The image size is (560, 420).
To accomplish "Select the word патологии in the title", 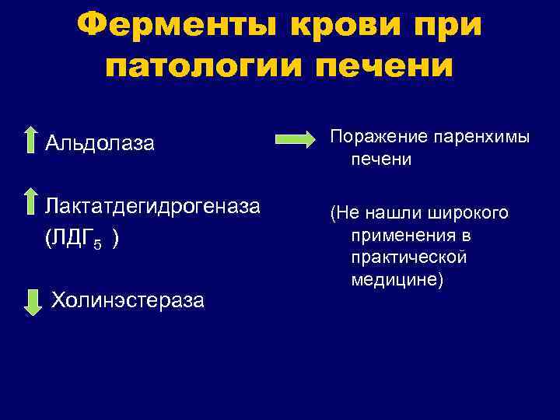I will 201,65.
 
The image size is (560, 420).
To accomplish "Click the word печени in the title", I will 383,65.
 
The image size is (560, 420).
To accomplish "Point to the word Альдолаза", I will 100,143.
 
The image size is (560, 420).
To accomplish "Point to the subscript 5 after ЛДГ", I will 97,244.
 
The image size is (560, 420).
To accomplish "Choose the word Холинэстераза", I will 128,300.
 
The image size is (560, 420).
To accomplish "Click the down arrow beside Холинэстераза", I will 33,300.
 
